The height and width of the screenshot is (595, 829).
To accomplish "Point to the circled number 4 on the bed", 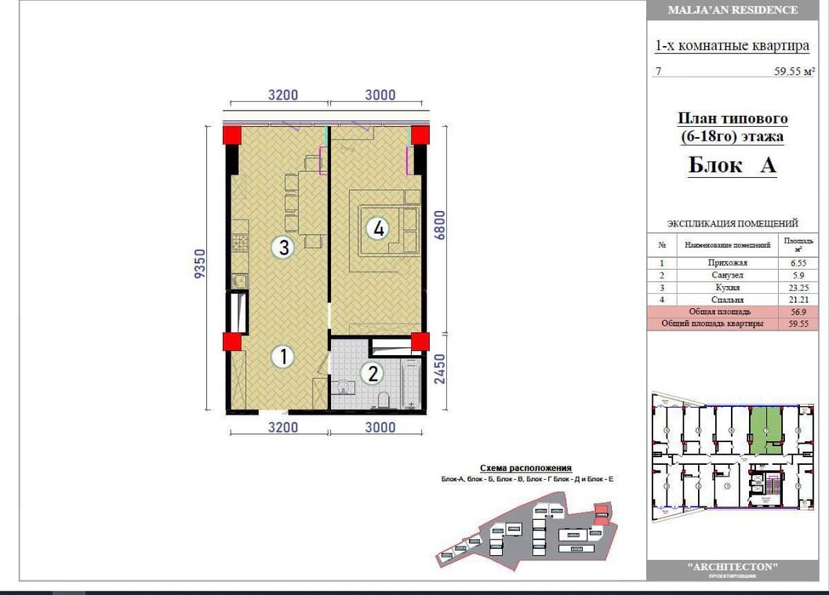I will tap(378, 228).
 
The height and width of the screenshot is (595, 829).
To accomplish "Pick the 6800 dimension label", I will tap(440, 227).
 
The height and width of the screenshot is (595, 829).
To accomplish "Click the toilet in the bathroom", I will tap(382, 400).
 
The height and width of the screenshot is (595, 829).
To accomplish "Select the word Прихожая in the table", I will tap(727, 264).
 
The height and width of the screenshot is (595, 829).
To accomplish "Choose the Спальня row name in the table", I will tap(727, 300).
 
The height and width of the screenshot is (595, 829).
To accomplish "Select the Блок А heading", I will tap(732, 166).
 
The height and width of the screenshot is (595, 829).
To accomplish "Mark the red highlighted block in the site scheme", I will tap(602, 510).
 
